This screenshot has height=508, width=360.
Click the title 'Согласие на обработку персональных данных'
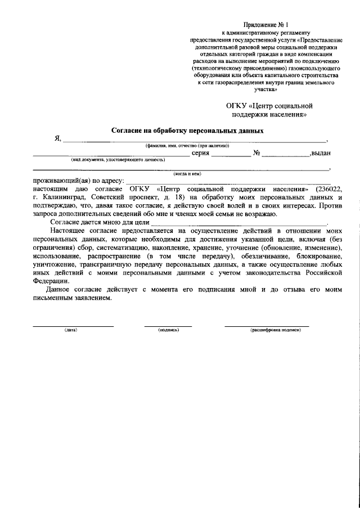click(x=187, y=131)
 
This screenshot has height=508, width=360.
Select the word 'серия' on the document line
click(x=201, y=152)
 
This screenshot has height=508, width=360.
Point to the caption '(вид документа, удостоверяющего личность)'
click(x=118, y=160)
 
